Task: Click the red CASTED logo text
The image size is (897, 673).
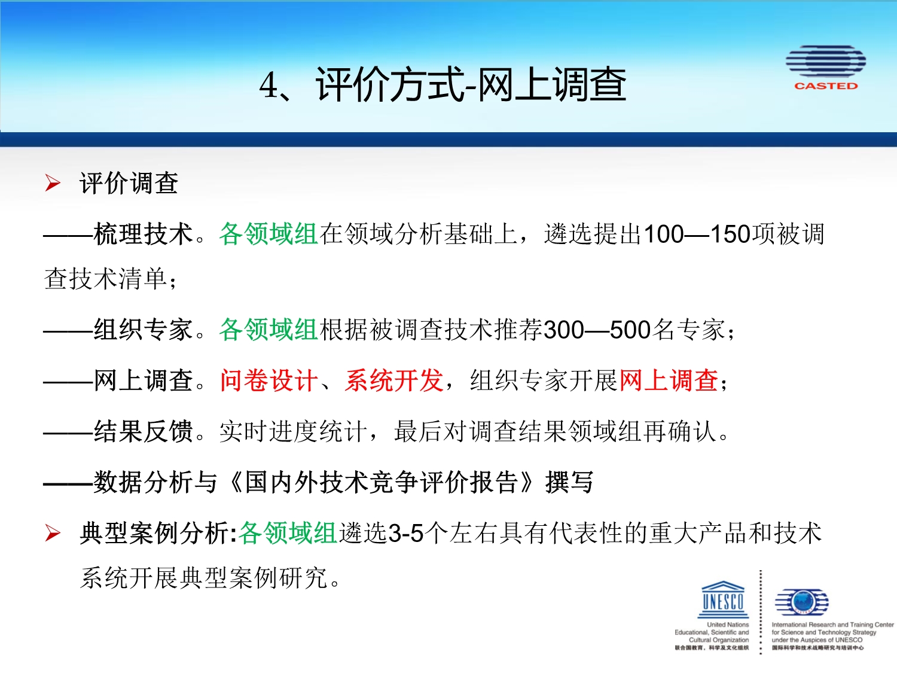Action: click(x=826, y=86)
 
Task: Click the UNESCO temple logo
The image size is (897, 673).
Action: click(x=722, y=599)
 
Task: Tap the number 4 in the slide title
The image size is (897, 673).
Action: click(x=269, y=86)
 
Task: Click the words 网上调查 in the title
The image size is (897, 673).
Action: click(x=552, y=84)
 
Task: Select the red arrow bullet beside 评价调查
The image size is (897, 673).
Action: click(x=53, y=182)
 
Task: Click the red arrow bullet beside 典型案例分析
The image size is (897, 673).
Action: click(x=53, y=533)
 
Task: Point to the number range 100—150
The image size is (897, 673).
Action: click(x=697, y=234)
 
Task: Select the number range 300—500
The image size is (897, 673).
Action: click(x=597, y=330)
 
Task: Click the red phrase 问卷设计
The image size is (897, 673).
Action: click(x=269, y=380)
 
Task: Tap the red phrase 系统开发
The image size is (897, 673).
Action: click(x=394, y=380)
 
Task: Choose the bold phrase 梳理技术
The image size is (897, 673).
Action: click(x=143, y=234)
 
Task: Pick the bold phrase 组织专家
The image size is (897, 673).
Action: click(x=143, y=330)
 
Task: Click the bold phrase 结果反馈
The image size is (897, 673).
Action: click(x=143, y=431)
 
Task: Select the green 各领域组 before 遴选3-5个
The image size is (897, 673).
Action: click(x=288, y=533)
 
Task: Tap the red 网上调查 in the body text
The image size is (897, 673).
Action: click(x=669, y=380)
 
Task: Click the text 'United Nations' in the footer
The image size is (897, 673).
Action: click(x=728, y=625)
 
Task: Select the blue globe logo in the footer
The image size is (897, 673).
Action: click(x=802, y=601)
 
